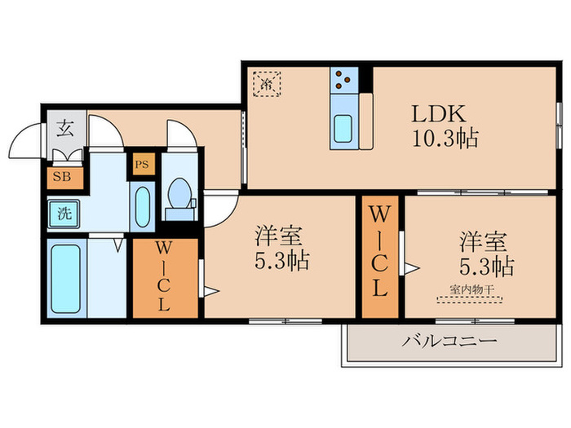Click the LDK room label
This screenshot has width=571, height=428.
[x=443, y=113]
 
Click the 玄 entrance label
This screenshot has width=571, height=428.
[x=64, y=128]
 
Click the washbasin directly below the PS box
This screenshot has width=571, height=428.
[x=142, y=208]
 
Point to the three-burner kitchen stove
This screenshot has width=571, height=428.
[x=343, y=80]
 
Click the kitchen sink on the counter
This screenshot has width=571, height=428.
[x=343, y=129]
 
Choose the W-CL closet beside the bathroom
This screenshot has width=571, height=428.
[x=165, y=279]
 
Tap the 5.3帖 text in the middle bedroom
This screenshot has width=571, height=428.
[x=280, y=263]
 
